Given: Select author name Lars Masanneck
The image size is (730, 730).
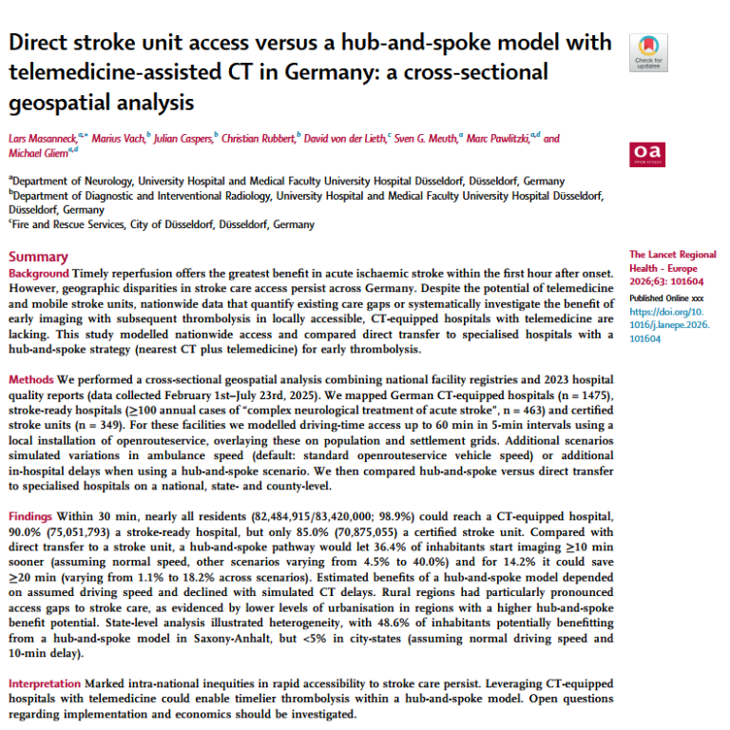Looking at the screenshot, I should click(46, 138).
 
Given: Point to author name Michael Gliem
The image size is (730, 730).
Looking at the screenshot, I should click(37, 153).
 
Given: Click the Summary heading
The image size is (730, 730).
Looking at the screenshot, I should click(38, 257).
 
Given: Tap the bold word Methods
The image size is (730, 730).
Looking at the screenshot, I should click(32, 379).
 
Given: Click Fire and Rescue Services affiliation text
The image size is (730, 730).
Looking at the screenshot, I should click(73, 225).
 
